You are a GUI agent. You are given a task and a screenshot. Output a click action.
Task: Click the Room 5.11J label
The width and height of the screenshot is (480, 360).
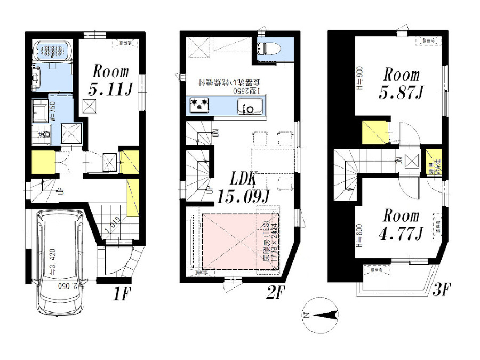pos(110,81)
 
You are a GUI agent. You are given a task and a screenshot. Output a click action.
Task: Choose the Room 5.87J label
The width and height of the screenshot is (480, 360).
pos(401,84)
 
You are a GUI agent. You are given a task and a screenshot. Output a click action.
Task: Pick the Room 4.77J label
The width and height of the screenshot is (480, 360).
pos(401,225)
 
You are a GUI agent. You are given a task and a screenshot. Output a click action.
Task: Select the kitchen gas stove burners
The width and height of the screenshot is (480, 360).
pos(199,105)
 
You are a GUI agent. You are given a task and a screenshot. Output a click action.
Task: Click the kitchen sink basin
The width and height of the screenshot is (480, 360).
pos(249,108)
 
